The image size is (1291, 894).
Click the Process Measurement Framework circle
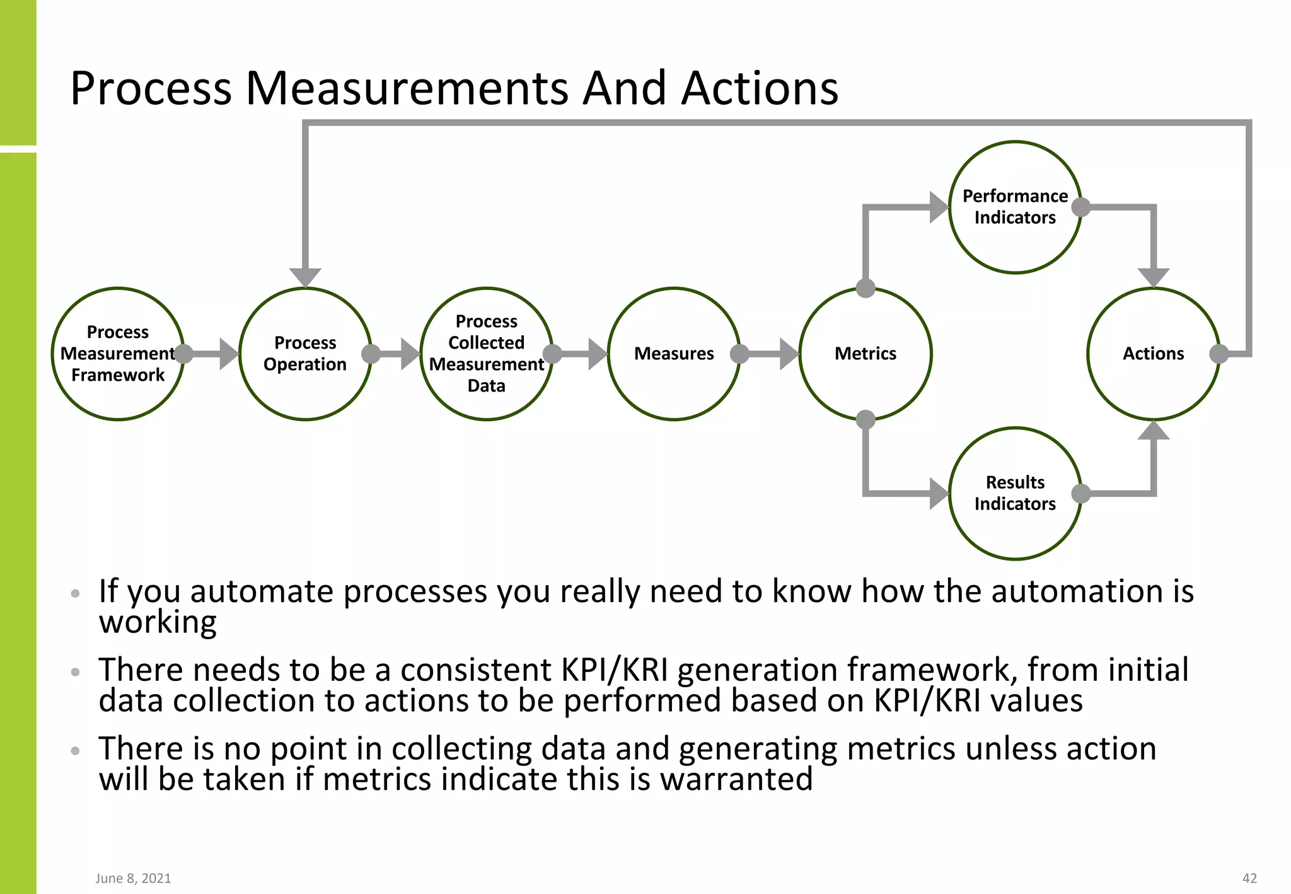pos(118,354)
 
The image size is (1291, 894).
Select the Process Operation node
pos(305,354)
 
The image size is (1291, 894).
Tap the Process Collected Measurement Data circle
pos(486,354)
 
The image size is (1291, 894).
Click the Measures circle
pos(674,354)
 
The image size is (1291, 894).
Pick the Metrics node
pos(865,354)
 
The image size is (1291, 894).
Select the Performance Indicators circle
pos(1015,207)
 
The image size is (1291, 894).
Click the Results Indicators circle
pos(1015,493)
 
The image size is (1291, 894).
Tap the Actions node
pos(1154,354)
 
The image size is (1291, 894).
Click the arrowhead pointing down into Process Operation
pos(305,277)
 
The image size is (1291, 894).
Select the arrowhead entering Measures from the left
pos(597,354)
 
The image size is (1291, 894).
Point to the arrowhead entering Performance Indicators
pos(939,207)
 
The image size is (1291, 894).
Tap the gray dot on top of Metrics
pos(865,289)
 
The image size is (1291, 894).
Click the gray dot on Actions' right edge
pos(1219,354)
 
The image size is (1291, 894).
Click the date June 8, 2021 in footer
pos(133,878)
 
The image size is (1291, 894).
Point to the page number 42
pos(1249,878)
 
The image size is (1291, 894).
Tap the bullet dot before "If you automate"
pos(76,593)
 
